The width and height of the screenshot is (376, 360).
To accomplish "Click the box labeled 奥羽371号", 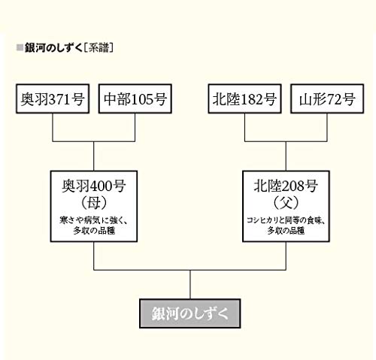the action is pyautogui.click(x=53, y=98).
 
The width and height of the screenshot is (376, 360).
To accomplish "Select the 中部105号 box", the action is pyautogui.click(x=135, y=98).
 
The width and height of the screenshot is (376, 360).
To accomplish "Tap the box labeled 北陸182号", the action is pyautogui.click(x=244, y=98).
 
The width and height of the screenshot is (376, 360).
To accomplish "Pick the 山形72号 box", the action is pyautogui.click(x=327, y=98).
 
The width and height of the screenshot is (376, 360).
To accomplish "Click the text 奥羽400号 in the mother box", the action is pyautogui.click(x=94, y=186).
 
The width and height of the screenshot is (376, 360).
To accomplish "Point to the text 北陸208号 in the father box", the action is pyautogui.click(x=286, y=186).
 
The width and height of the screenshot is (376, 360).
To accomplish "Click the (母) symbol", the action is pyautogui.click(x=94, y=203).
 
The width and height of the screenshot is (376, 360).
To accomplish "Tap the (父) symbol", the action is pyautogui.click(x=286, y=203).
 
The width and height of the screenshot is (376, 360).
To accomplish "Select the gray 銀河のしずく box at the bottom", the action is pyautogui.click(x=190, y=313).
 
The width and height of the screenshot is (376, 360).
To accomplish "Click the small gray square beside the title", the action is pyautogui.click(x=20, y=47).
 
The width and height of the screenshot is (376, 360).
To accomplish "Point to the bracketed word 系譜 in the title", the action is pyautogui.click(x=99, y=47).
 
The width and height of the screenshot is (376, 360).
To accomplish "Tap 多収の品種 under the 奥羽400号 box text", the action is pyautogui.click(x=94, y=231).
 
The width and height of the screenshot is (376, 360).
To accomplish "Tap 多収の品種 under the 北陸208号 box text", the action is pyautogui.click(x=286, y=231).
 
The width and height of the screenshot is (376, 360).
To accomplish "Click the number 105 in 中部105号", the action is pyautogui.click(x=142, y=99).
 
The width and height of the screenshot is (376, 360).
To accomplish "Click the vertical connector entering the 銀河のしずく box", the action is pyautogui.click(x=190, y=285).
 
